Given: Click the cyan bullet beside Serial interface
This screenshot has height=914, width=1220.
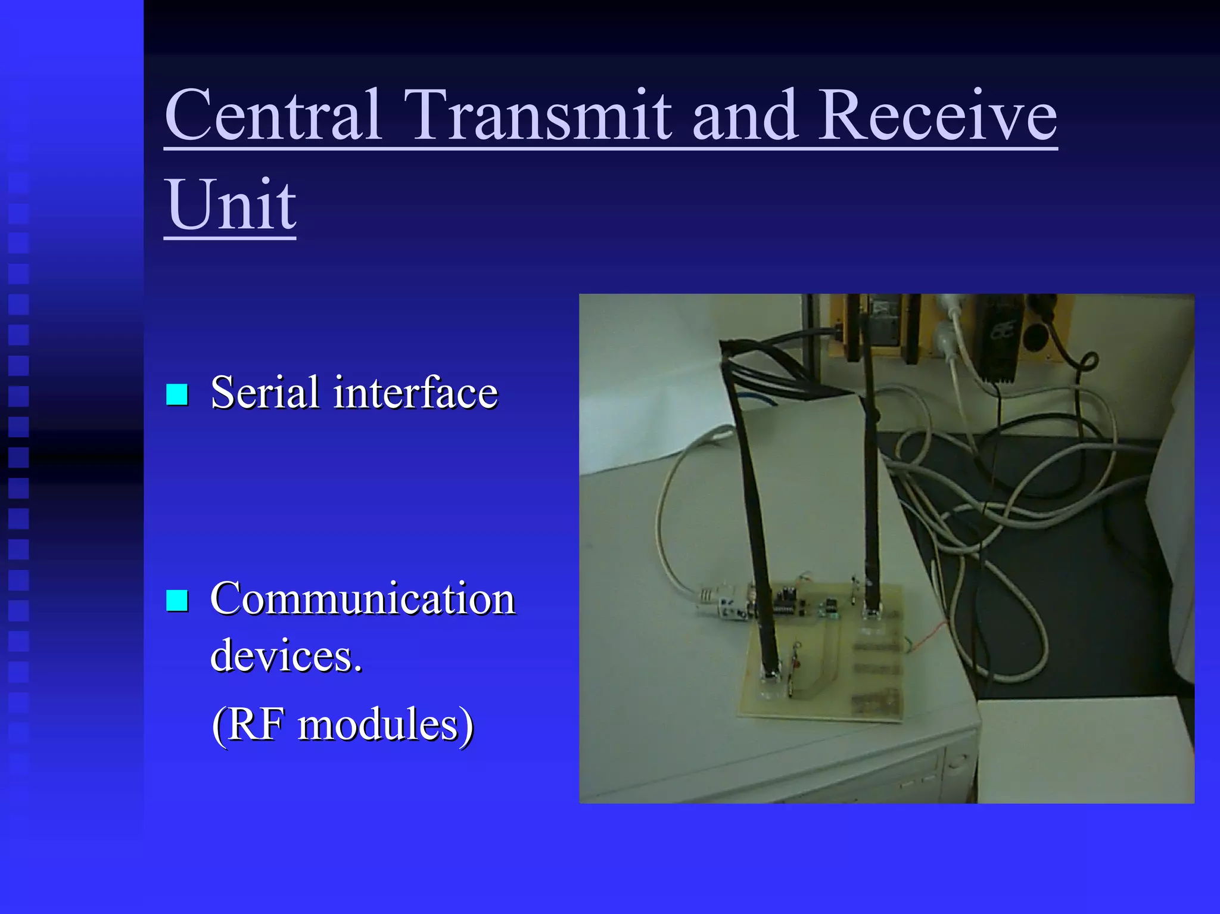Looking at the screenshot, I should pos(177,394).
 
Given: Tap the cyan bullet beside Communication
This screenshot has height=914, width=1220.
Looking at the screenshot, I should pos(177,601).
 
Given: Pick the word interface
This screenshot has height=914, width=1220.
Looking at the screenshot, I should pos(415,393).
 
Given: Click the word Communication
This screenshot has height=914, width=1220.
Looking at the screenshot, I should pos(362,599).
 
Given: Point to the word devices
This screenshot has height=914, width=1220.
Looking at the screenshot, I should pos(286,655).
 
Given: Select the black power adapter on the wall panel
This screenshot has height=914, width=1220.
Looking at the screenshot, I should pos(1001,340).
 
